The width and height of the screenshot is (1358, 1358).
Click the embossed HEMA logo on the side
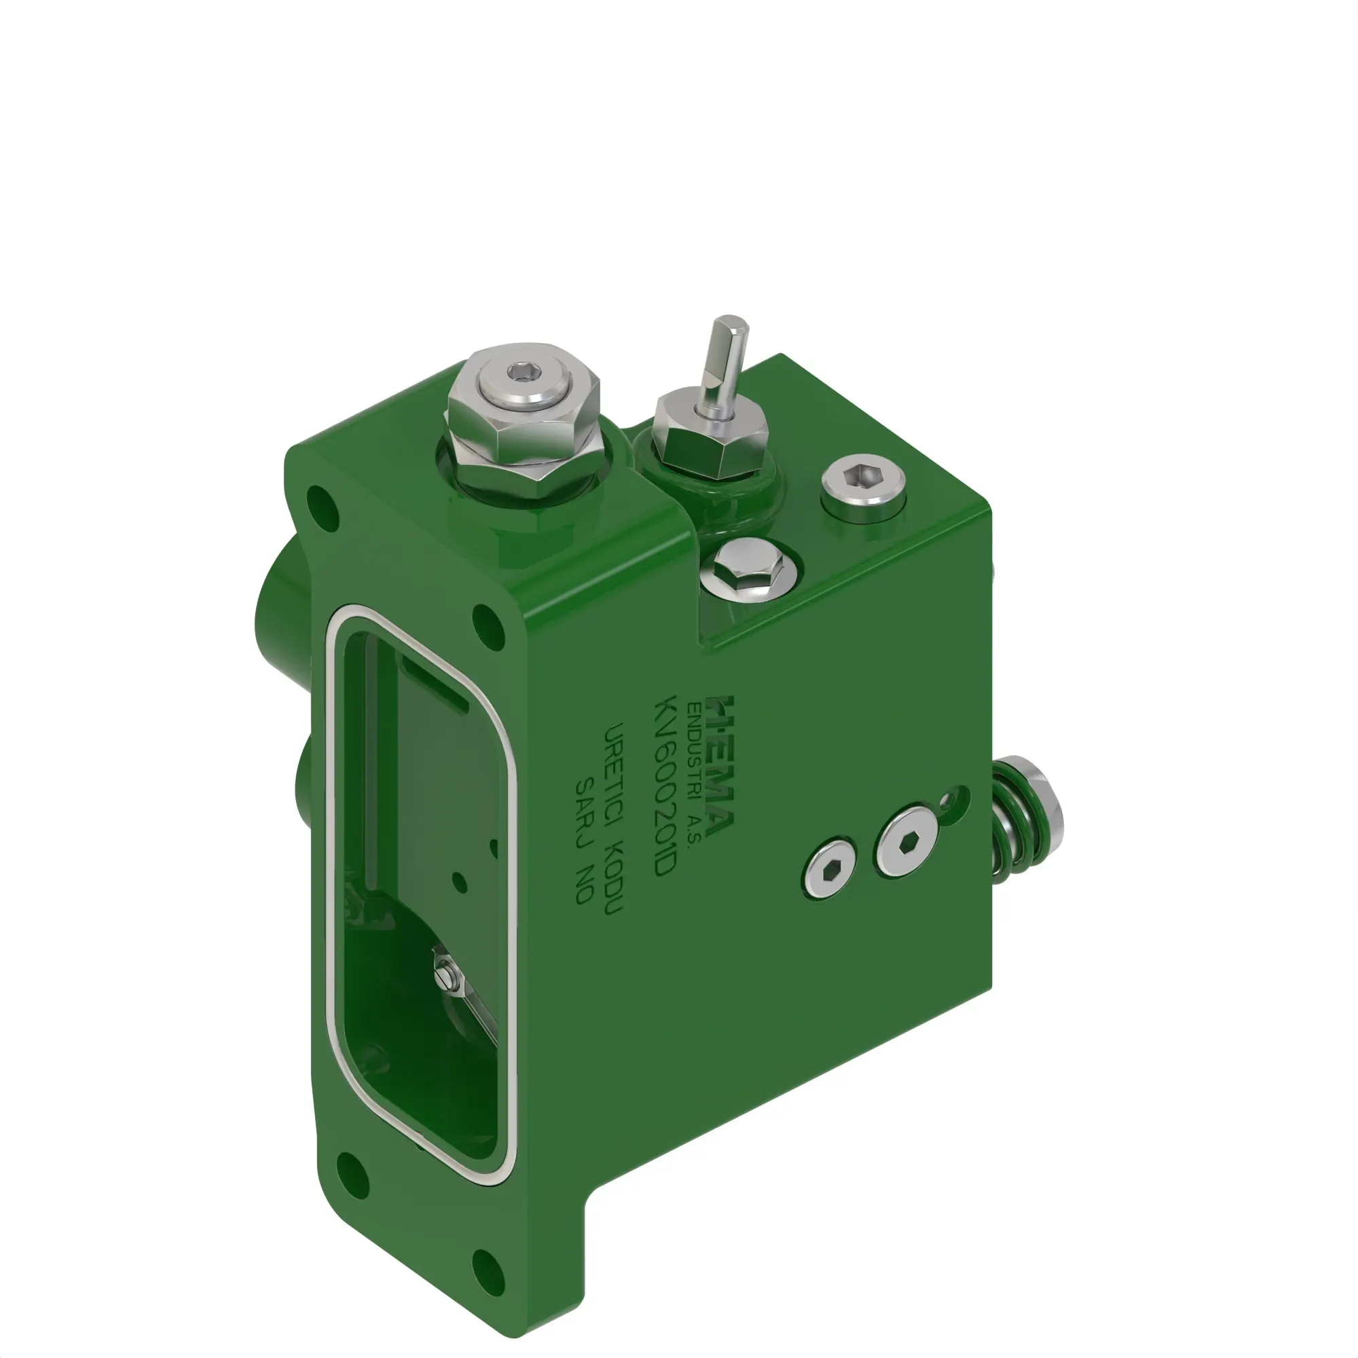[720, 766]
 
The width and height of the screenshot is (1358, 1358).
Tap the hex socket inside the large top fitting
[521, 371]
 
